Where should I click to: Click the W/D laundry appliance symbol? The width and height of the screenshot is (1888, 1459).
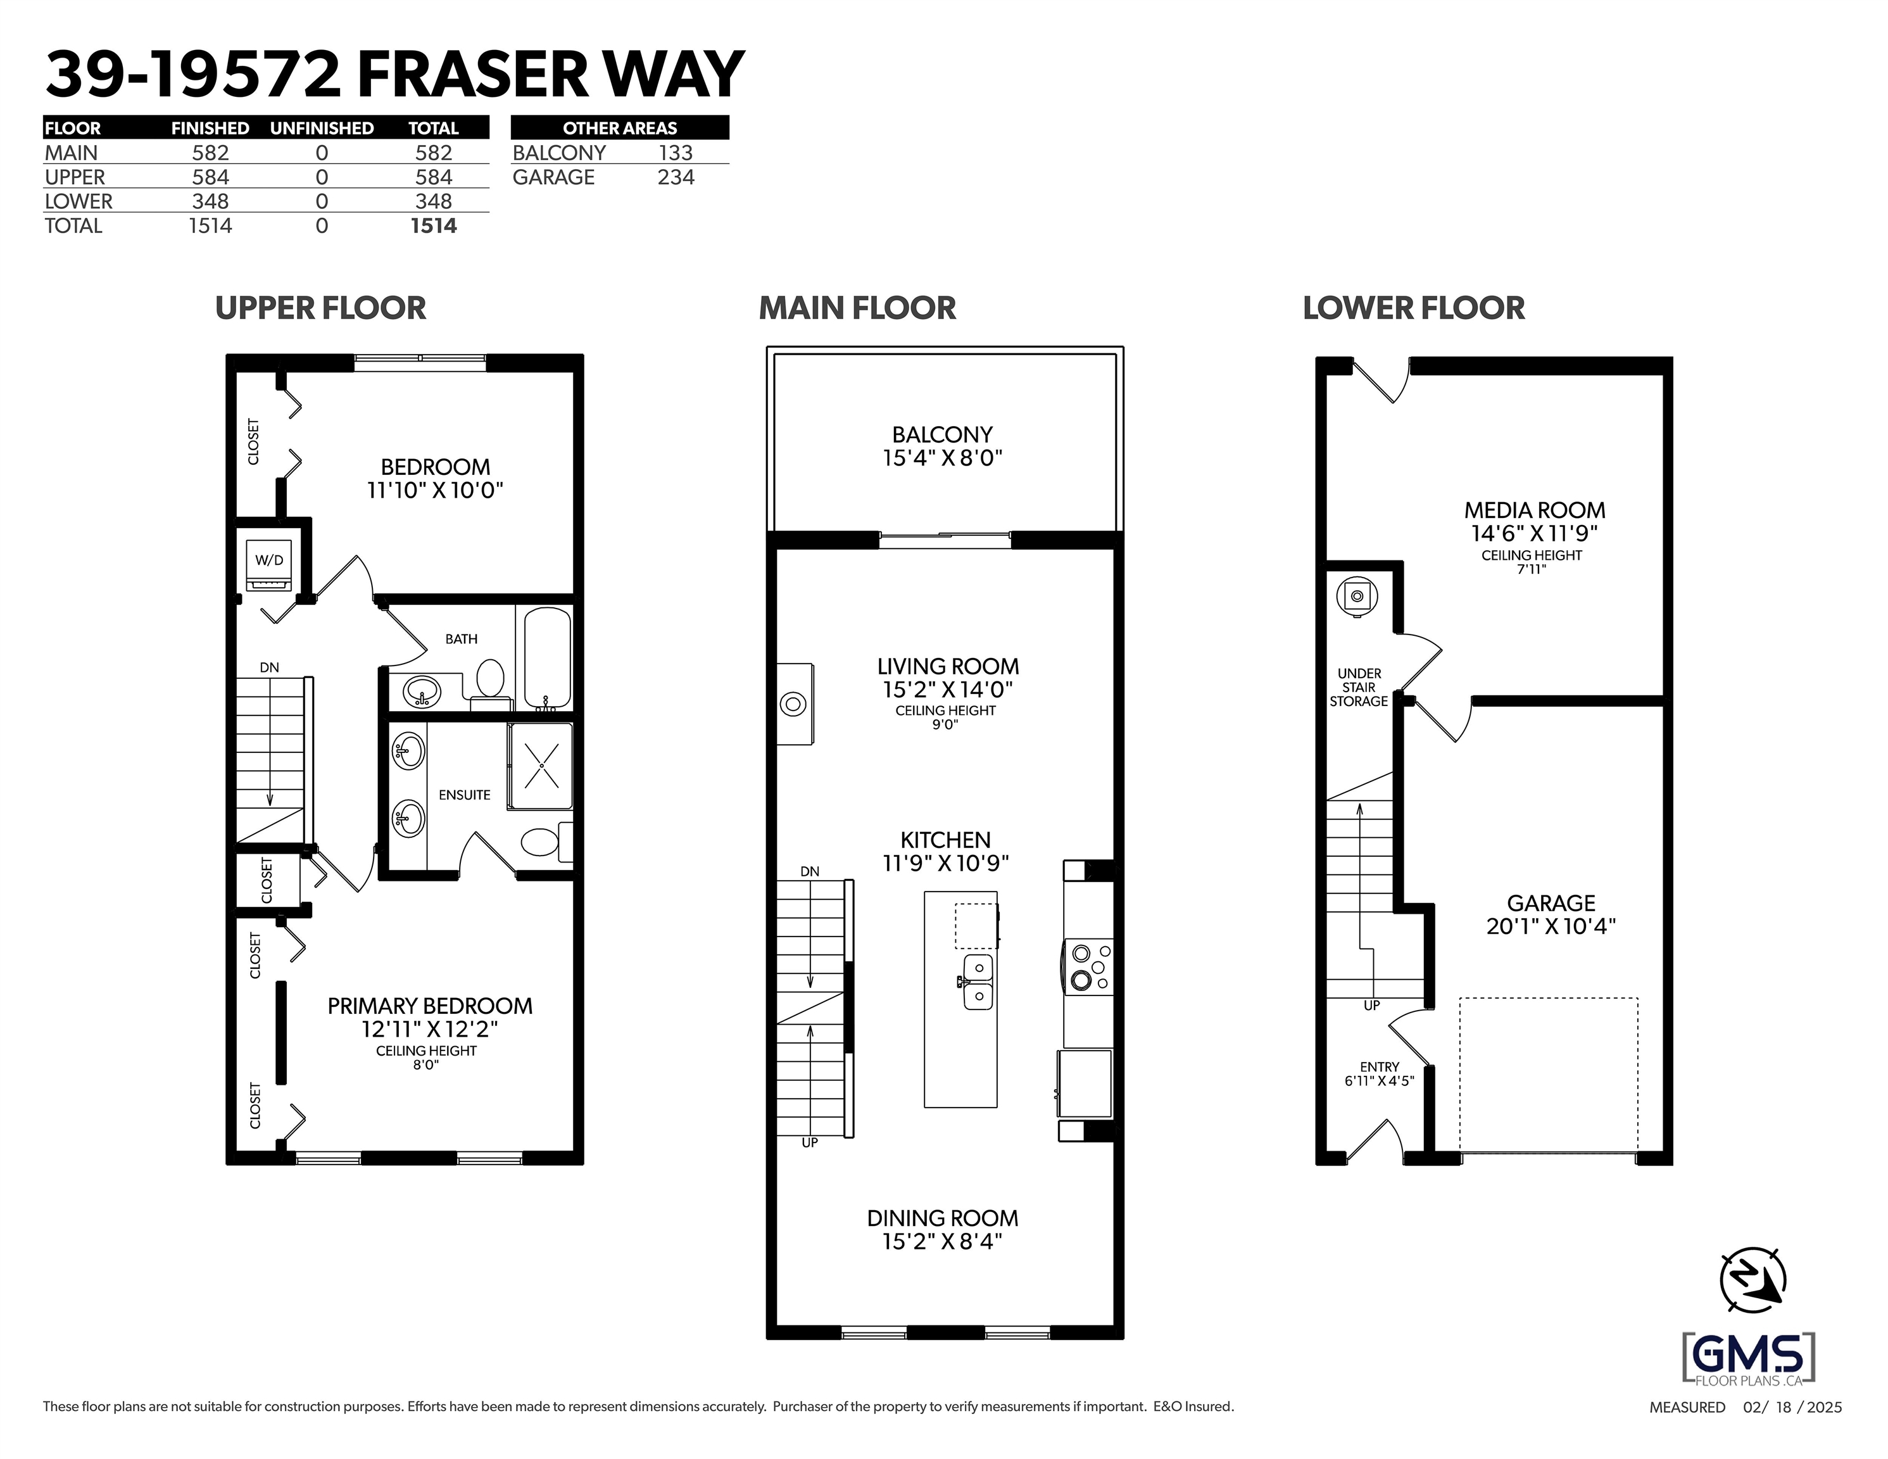point(269,565)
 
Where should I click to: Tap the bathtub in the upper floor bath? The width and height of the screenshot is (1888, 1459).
point(547,658)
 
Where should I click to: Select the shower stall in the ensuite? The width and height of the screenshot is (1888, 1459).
point(540,766)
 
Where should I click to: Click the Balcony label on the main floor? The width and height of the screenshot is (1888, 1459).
point(942,434)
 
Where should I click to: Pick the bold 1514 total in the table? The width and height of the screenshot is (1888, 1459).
point(433,225)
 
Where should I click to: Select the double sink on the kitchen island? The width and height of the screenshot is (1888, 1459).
point(977,982)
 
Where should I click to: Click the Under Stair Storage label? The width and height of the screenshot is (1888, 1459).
point(1359,688)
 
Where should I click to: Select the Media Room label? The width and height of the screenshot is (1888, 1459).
point(1535,510)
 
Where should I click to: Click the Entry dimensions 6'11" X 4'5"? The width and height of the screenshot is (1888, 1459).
point(1379,1081)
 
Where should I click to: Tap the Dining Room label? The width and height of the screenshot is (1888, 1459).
point(942,1218)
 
